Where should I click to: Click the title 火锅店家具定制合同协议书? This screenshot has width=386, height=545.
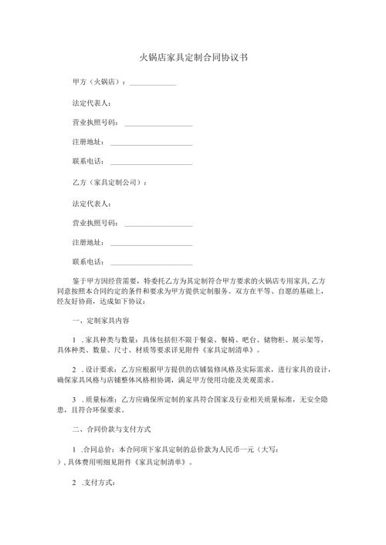[192, 58]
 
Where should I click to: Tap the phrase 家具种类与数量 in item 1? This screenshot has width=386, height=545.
[110, 339]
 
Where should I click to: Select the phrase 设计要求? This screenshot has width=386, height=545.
[99, 369]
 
